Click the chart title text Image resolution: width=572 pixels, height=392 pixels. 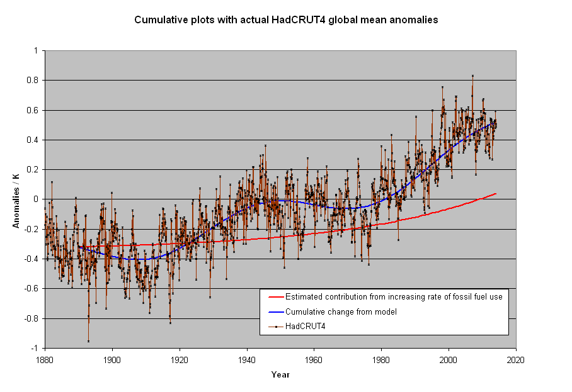tap(286, 20)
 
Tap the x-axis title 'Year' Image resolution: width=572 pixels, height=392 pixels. tap(280, 375)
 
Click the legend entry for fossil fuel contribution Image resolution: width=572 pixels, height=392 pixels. tap(394, 297)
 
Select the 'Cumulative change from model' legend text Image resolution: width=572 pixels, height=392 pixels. tap(341, 312)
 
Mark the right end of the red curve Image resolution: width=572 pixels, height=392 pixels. tap(496, 194)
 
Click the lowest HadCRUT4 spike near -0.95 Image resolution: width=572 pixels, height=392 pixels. tap(88, 341)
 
